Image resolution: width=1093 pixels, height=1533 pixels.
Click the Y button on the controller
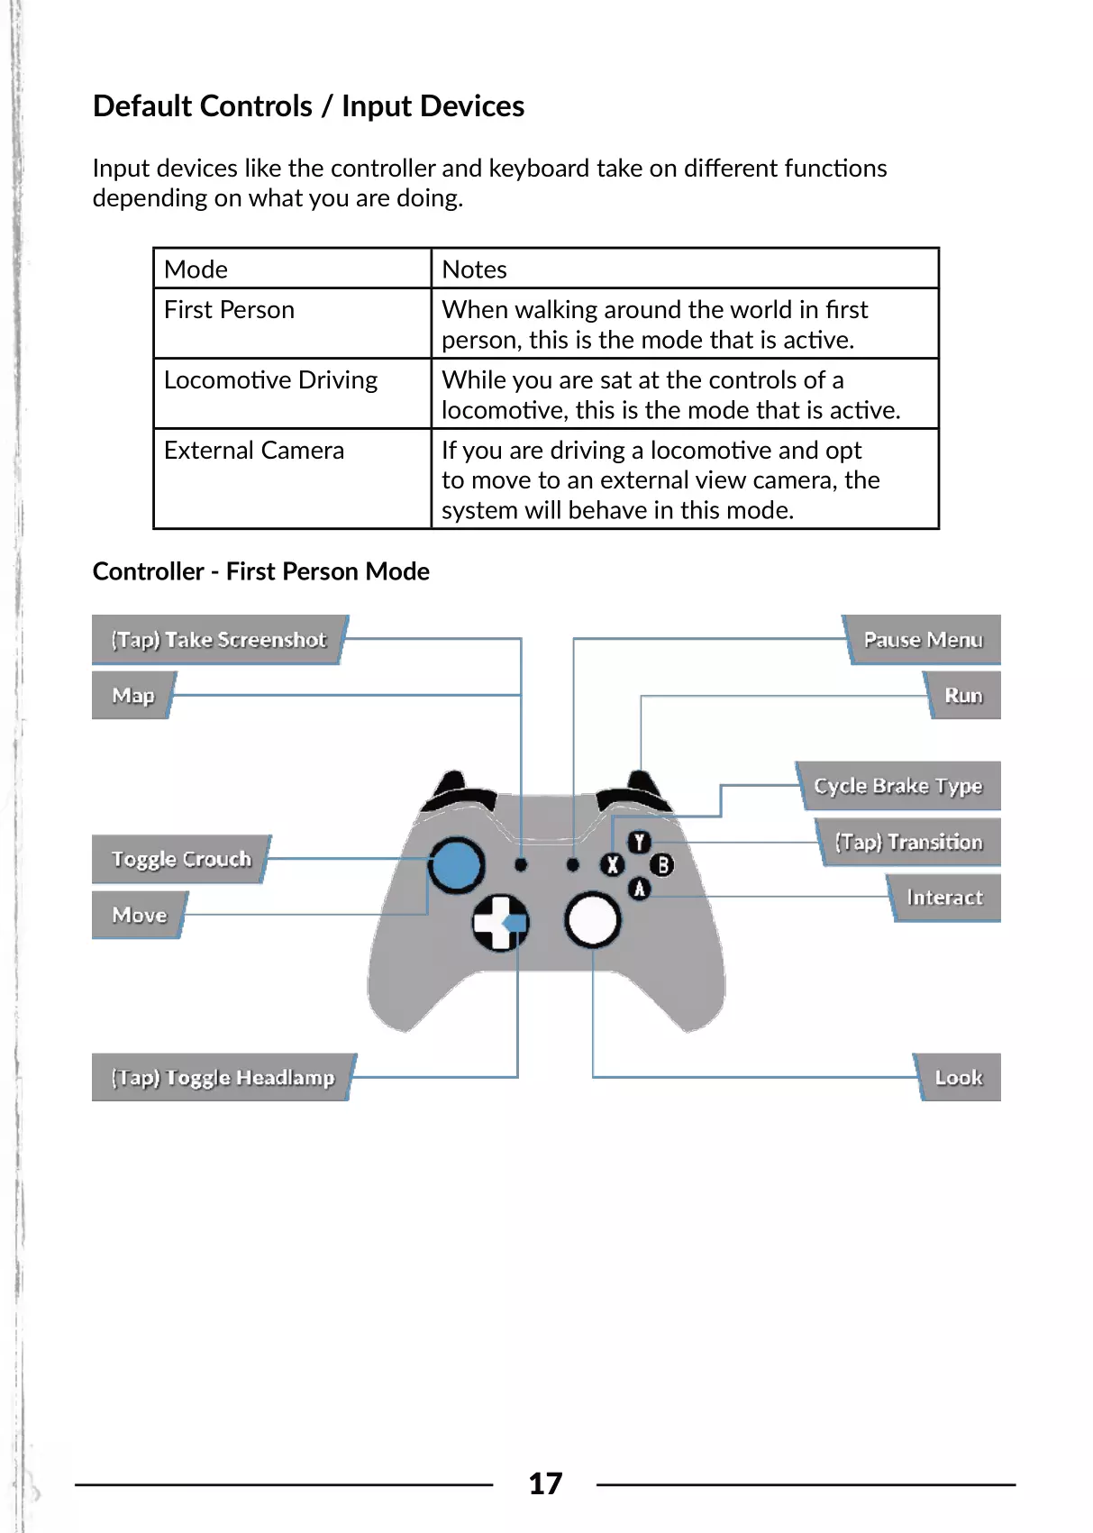(x=639, y=842)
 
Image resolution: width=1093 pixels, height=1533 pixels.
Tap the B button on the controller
(x=662, y=865)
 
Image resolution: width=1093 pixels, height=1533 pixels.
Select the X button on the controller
(x=613, y=865)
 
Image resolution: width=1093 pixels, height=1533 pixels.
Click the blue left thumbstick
(x=456, y=864)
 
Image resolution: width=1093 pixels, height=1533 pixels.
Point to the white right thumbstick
(x=592, y=920)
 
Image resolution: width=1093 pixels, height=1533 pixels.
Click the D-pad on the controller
(x=500, y=922)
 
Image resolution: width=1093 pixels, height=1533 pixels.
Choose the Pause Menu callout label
(x=923, y=640)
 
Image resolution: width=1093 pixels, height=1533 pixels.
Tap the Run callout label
(x=963, y=696)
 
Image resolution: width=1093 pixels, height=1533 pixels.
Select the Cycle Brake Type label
(x=897, y=786)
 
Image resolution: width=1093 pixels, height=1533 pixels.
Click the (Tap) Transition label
(x=908, y=842)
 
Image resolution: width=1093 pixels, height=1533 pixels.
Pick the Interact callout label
(x=944, y=898)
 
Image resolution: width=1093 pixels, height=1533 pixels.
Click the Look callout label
(x=959, y=1078)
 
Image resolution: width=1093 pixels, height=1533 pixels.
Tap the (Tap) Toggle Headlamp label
(x=223, y=1078)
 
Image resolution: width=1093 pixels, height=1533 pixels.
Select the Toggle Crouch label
(x=181, y=859)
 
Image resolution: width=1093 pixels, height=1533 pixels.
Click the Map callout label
(x=133, y=696)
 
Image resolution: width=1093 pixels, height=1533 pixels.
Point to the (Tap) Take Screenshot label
(x=219, y=640)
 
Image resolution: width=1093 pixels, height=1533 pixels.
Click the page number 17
(x=545, y=1483)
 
